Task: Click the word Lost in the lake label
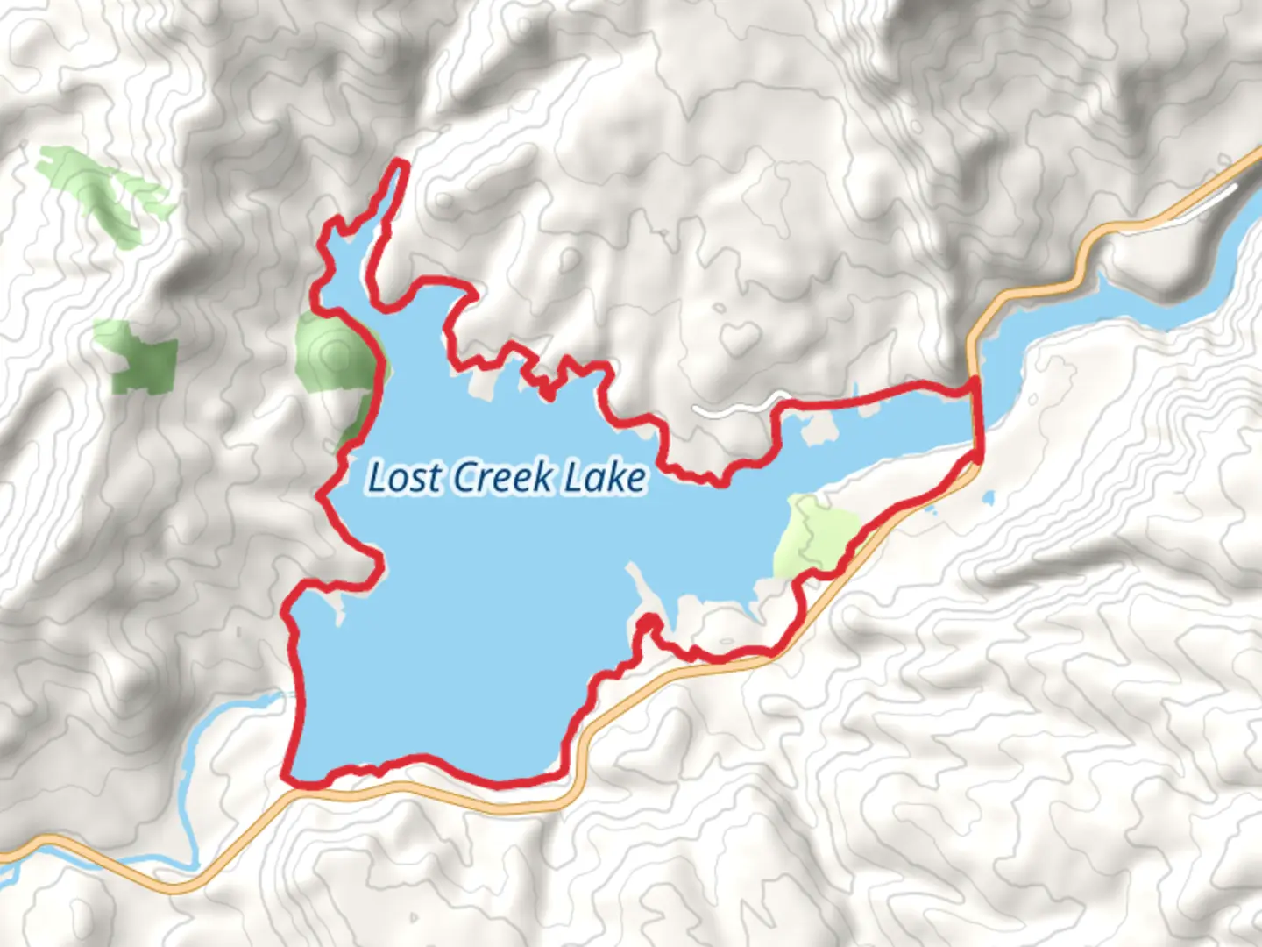(403, 478)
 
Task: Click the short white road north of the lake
(732, 408)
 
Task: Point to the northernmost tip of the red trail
(402, 163)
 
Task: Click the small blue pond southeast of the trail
(989, 499)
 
